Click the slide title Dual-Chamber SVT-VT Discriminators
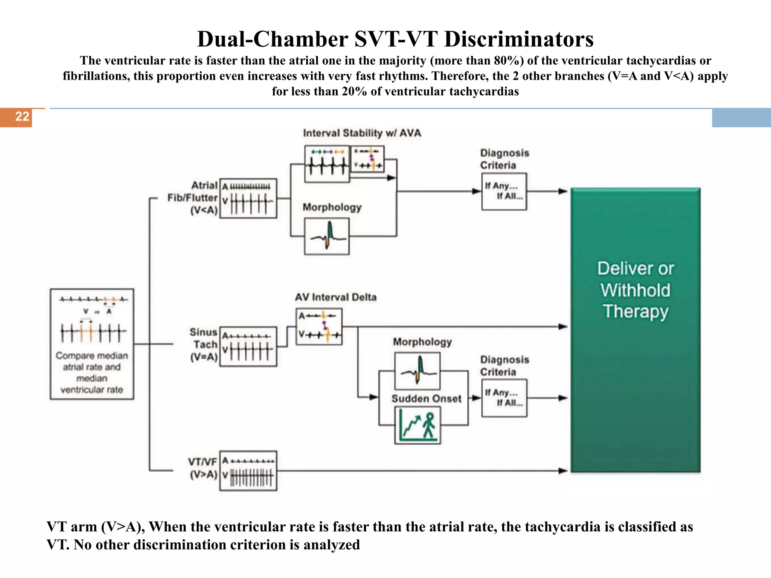pyautogui.click(x=395, y=39)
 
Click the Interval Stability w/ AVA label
pyautogui.click(x=362, y=133)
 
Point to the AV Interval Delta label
pyautogui.click(x=335, y=297)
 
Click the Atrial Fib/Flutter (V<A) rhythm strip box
pyautogui.click(x=248, y=198)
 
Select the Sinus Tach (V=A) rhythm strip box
pyautogui.click(x=248, y=347)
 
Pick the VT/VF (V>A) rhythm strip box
pyautogui.click(x=248, y=471)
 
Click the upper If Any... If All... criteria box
pyautogui.click(x=504, y=191)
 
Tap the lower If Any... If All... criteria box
pyautogui.click(x=504, y=398)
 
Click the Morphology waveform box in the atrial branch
pyautogui.click(x=327, y=236)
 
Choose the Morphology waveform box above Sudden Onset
pyautogui.click(x=417, y=371)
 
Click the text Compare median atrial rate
pyautogui.click(x=92, y=361)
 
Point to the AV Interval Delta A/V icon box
pyautogui.click(x=319, y=327)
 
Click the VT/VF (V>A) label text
pyautogui.click(x=203, y=468)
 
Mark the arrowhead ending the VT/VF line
pyautogui.click(x=563, y=471)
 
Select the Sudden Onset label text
pyautogui.click(x=426, y=399)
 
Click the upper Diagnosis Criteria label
pyautogui.click(x=504, y=159)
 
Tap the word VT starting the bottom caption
pyautogui.click(x=56, y=527)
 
